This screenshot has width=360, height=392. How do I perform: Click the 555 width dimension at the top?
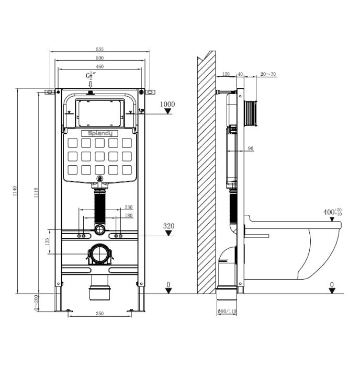(100, 49)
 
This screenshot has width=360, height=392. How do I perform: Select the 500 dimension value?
(100, 58)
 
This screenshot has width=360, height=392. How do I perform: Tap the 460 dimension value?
(100, 66)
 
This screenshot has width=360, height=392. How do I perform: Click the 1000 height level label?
(167, 104)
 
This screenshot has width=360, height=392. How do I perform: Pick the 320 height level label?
(168, 226)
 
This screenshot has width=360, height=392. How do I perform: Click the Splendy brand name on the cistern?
(99, 134)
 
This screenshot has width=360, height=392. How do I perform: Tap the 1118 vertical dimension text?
(36, 192)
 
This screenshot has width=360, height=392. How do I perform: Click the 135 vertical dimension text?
(47, 241)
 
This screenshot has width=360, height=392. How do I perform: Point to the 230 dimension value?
(128, 207)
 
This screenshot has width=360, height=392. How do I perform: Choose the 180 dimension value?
(128, 215)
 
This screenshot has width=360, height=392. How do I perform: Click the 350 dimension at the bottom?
(99, 314)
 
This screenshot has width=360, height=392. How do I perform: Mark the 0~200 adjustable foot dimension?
(36, 303)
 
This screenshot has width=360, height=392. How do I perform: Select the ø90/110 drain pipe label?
(227, 312)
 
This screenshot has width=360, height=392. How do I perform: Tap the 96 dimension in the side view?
(251, 148)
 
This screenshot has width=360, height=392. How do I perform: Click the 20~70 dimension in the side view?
(268, 74)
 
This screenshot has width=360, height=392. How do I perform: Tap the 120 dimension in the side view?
(226, 74)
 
